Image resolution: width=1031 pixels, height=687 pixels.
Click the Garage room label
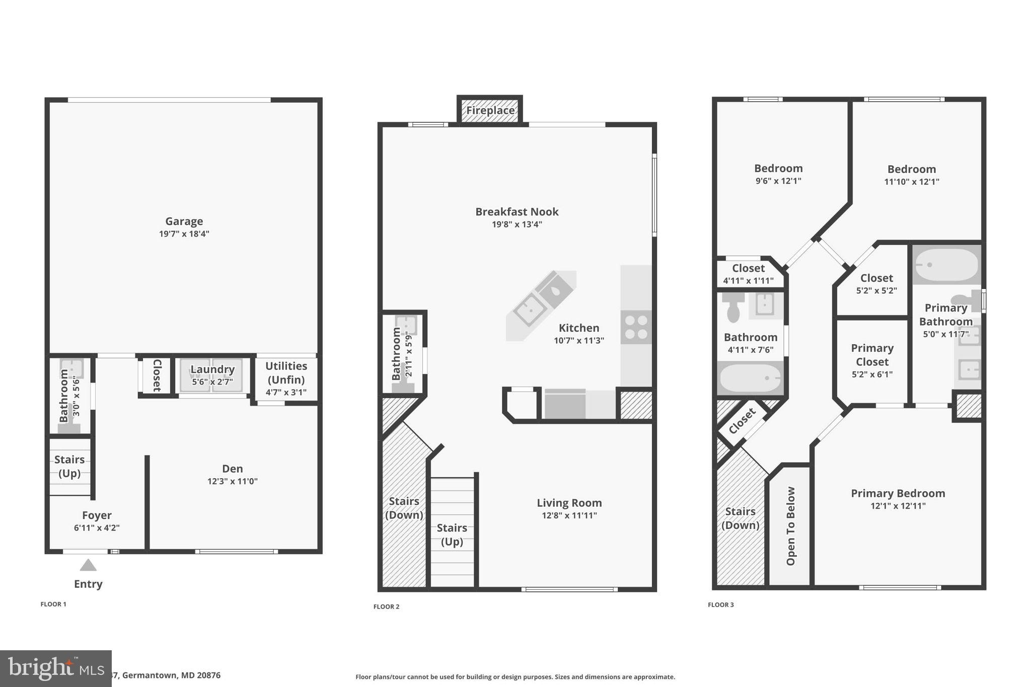184,221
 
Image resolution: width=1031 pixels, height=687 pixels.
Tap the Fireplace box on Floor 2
490,110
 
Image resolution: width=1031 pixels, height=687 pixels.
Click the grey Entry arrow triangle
88,565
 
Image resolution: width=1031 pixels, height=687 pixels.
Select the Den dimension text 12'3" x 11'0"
232,481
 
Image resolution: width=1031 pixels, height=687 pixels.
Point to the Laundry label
212,369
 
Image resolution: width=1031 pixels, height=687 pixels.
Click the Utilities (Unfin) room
286,378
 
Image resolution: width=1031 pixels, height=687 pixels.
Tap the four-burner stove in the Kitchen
636,327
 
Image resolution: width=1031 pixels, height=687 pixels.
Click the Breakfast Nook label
517,212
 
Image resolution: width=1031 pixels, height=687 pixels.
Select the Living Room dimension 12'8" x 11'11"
569,515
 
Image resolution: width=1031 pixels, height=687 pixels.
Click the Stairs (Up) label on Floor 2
452,534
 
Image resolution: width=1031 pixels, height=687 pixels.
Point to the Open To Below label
790,525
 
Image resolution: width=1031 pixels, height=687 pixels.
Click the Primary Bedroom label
898,493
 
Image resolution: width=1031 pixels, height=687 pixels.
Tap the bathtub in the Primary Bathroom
946,265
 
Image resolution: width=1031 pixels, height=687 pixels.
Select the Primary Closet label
872,355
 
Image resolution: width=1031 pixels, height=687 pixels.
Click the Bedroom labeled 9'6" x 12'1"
778,174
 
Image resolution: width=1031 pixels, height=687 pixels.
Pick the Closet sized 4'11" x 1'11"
748,274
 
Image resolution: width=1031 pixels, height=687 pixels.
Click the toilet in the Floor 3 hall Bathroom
733,307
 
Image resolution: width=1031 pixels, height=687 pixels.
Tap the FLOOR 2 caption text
386,606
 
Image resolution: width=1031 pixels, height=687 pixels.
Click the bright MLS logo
55,668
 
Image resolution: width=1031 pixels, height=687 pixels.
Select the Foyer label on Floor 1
97,515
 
